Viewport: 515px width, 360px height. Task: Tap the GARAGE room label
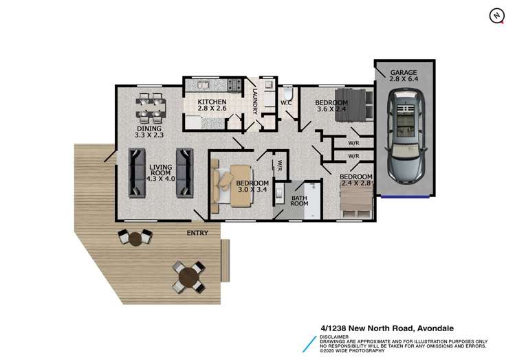[x=404, y=72]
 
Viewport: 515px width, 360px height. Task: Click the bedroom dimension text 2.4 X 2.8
[x=356, y=183]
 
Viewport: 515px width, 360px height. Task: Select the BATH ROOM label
[x=299, y=201]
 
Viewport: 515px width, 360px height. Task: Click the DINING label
[x=149, y=128]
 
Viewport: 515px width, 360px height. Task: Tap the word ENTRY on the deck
[x=197, y=233]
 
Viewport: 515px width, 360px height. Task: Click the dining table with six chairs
[x=151, y=107]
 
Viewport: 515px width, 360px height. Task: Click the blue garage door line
[x=404, y=195]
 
